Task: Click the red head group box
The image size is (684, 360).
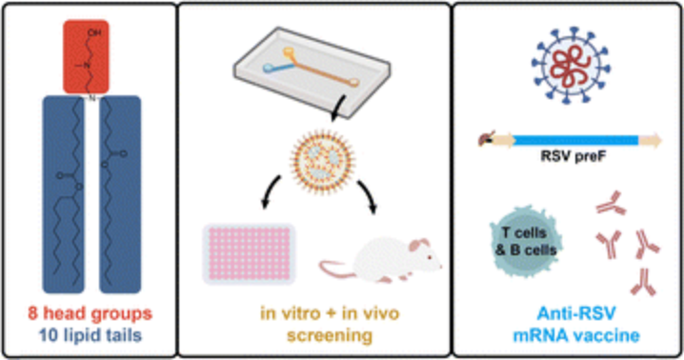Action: [86, 57]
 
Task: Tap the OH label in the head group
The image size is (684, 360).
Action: [93, 32]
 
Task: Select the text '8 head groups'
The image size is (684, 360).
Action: [91, 313]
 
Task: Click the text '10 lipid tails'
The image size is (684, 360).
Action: [91, 335]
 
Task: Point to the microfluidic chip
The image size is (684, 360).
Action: [312, 72]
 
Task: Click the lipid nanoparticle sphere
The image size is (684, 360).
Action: [322, 162]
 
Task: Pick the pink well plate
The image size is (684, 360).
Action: [249, 253]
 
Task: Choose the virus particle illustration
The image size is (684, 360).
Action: [571, 66]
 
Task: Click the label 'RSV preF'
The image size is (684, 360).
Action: [573, 156]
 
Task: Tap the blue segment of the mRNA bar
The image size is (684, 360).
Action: [575, 141]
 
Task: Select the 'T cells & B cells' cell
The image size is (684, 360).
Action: [526, 241]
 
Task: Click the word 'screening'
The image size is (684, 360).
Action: [330, 335]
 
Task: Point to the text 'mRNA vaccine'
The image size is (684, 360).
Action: [575, 335]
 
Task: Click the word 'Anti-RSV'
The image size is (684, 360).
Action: [575, 313]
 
